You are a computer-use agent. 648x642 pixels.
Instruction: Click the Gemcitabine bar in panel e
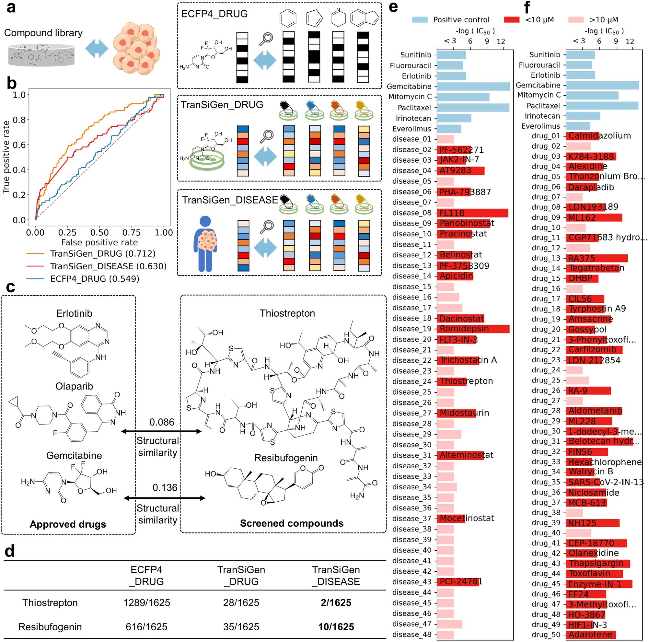[x=473, y=87]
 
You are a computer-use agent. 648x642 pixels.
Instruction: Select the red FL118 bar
[x=472, y=213]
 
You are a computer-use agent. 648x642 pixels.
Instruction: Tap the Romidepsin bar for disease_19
[x=473, y=329]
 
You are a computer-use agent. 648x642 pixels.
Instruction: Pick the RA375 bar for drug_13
[x=597, y=258]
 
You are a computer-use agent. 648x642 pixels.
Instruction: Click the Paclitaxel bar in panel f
[x=602, y=106]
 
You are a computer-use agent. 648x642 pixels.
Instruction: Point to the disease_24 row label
[x=412, y=381]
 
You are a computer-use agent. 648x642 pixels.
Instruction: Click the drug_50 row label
[x=546, y=635]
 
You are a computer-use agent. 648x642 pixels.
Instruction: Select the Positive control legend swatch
[x=420, y=20]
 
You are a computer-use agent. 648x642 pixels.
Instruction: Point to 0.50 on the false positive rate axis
[x=99, y=233]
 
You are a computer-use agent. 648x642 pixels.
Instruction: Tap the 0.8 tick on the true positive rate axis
[x=19, y=120]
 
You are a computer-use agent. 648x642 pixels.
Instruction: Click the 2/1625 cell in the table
[x=336, y=603]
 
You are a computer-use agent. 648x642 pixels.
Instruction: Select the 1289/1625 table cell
[x=146, y=603]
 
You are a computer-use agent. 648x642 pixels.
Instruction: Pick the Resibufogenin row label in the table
[x=50, y=627]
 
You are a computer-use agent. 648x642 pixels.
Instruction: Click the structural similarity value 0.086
[x=162, y=422]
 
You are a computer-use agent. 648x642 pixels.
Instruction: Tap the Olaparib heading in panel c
[x=74, y=386]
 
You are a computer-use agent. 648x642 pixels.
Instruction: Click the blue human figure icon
[x=205, y=243]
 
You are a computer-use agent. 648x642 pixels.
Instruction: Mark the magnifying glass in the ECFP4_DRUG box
[x=266, y=39]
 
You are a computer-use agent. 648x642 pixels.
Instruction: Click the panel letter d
[x=10, y=551]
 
